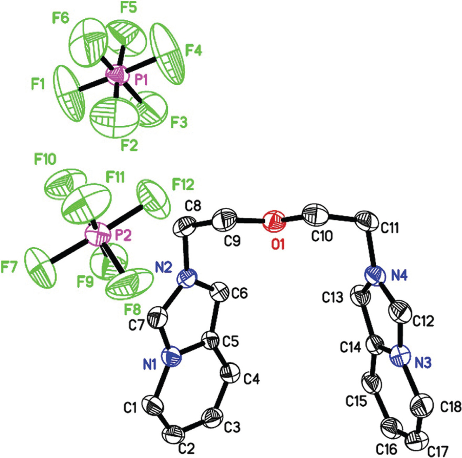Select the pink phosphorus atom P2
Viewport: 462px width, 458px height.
[98, 235]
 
